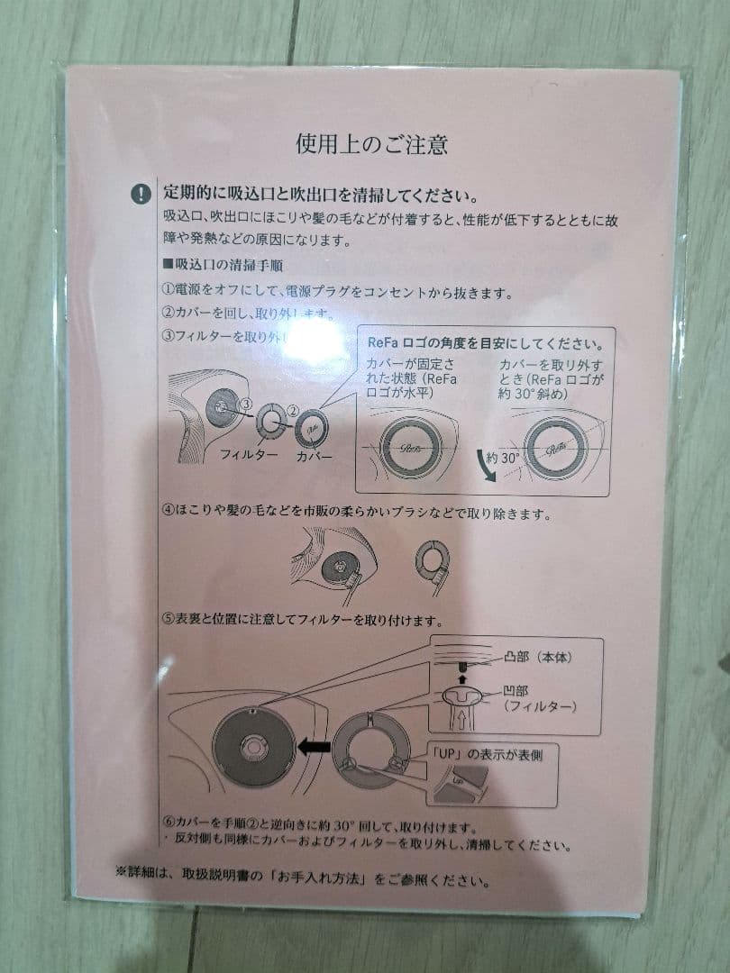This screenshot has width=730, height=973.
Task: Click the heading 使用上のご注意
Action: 372,143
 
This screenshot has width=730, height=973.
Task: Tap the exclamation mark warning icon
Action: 141,194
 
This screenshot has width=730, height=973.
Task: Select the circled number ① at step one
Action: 169,293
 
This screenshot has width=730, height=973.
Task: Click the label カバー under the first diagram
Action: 315,456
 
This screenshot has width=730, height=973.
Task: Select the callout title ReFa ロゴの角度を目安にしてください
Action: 485,343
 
